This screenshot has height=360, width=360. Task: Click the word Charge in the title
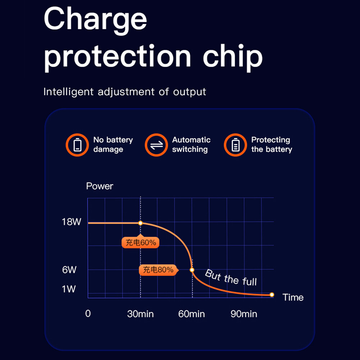pyautogui.click(x=95, y=20)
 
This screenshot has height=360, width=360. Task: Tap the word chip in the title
pyautogui.click(x=233, y=56)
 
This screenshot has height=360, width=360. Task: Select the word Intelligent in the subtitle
pyautogui.click(x=68, y=92)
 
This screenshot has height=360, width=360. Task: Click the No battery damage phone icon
pyautogui.click(x=77, y=145)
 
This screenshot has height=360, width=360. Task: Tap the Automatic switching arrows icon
pyautogui.click(x=156, y=145)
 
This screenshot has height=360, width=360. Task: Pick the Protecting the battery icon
pyautogui.click(x=235, y=145)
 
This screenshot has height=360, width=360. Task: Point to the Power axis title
pyautogui.click(x=100, y=186)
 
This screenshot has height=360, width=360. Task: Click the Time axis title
pyautogui.click(x=293, y=297)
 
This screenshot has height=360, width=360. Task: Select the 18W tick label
pyautogui.click(x=72, y=222)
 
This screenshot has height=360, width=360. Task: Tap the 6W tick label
pyautogui.click(x=69, y=270)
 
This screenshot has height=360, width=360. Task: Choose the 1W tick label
pyautogui.click(x=69, y=289)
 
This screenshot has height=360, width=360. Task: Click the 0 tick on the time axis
pyautogui.click(x=88, y=314)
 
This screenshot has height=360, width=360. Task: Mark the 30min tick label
pyautogui.click(x=140, y=314)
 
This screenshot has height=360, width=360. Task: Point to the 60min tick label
pyautogui.click(x=191, y=314)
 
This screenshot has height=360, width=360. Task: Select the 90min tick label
pyautogui.click(x=244, y=314)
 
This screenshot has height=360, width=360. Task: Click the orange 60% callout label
pyautogui.click(x=141, y=243)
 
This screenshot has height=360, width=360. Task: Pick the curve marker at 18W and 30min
pyautogui.click(x=141, y=223)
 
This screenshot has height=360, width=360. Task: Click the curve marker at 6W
pyautogui.click(x=192, y=270)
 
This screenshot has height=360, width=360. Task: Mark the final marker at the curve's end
pyautogui.click(x=272, y=295)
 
